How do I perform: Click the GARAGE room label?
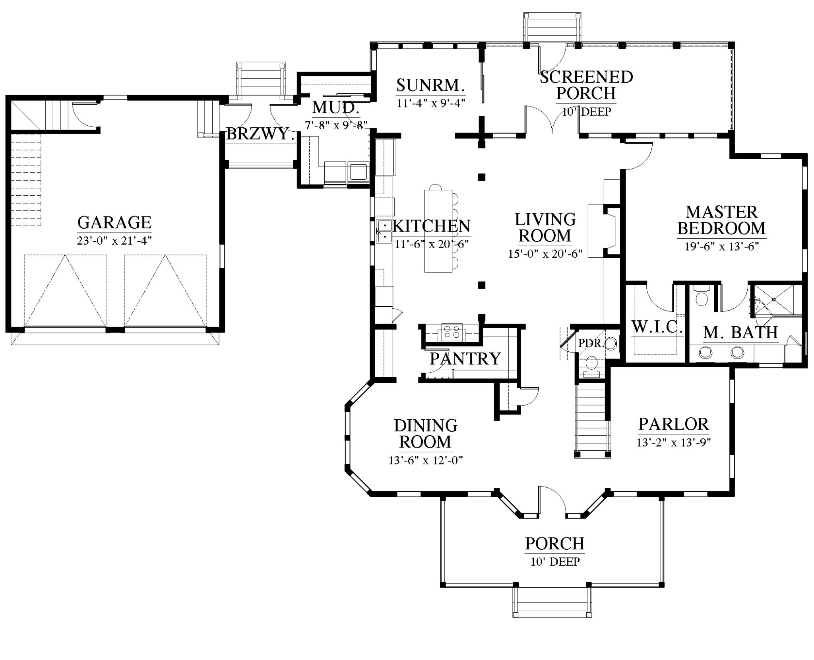[114, 222]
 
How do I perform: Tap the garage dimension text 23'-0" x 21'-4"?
[114, 241]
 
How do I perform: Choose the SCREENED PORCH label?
[586, 85]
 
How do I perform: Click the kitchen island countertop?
[438, 231]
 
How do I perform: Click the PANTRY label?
[465, 359]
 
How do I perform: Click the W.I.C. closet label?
[657, 327]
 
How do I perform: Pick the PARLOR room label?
[674, 424]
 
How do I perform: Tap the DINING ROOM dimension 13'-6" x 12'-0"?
[426, 461]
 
